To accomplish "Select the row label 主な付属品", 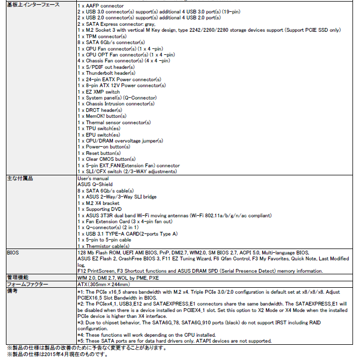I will [x=20, y=178].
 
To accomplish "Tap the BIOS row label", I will [x=12, y=252].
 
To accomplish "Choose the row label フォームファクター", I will [x=27, y=283].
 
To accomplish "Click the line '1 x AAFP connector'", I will [x=100, y=5].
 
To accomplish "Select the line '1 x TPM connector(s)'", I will [x=102, y=36].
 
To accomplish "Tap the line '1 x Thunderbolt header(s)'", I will [x=106, y=73].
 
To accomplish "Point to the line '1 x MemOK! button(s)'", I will [x=102, y=116].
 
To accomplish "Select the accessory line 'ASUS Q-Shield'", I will [x=95, y=184].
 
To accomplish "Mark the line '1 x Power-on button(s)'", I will [x=104, y=147].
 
